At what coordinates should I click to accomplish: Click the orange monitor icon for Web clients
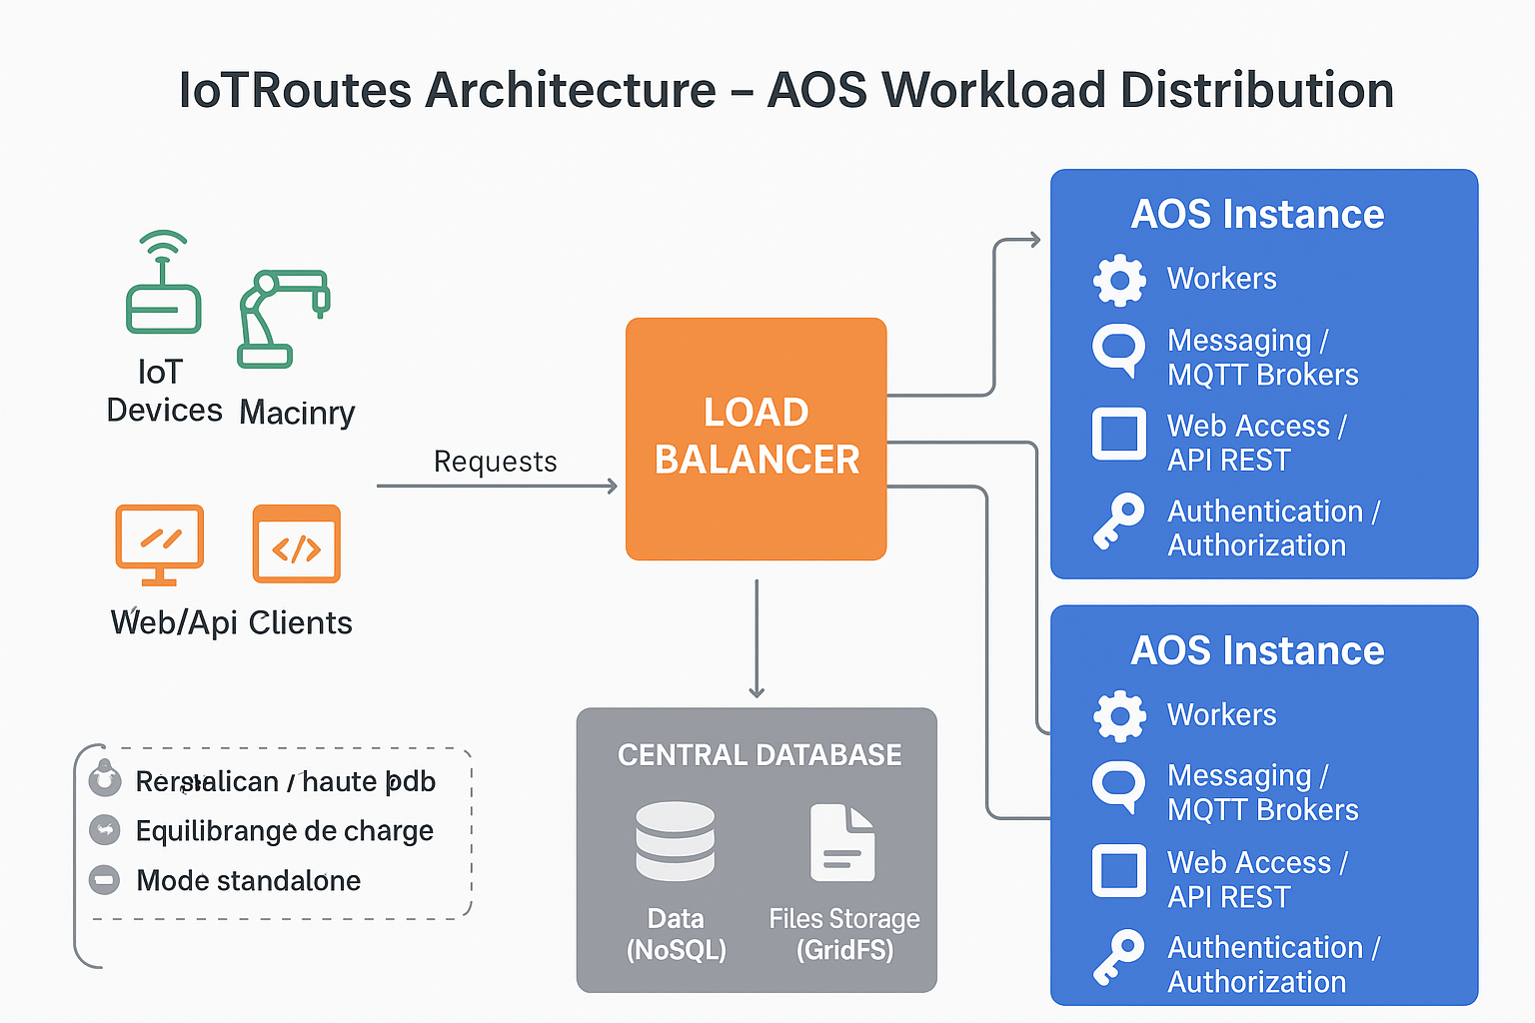point(160,543)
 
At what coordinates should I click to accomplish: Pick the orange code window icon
point(297,543)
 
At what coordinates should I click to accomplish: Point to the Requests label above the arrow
point(495,462)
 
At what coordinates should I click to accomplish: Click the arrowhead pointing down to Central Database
point(757,690)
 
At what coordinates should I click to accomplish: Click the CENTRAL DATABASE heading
point(760,755)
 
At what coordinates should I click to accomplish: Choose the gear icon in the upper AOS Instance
point(1119,280)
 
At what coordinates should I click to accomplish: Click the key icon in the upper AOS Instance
point(1118,520)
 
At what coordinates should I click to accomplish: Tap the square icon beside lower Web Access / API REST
point(1118,870)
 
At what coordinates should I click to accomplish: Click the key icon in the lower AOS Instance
point(1118,957)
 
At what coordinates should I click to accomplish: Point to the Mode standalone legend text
point(248,881)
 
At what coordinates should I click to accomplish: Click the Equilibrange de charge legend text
point(284,831)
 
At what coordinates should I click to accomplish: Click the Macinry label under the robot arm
point(297,413)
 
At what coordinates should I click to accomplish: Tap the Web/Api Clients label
point(231,623)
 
